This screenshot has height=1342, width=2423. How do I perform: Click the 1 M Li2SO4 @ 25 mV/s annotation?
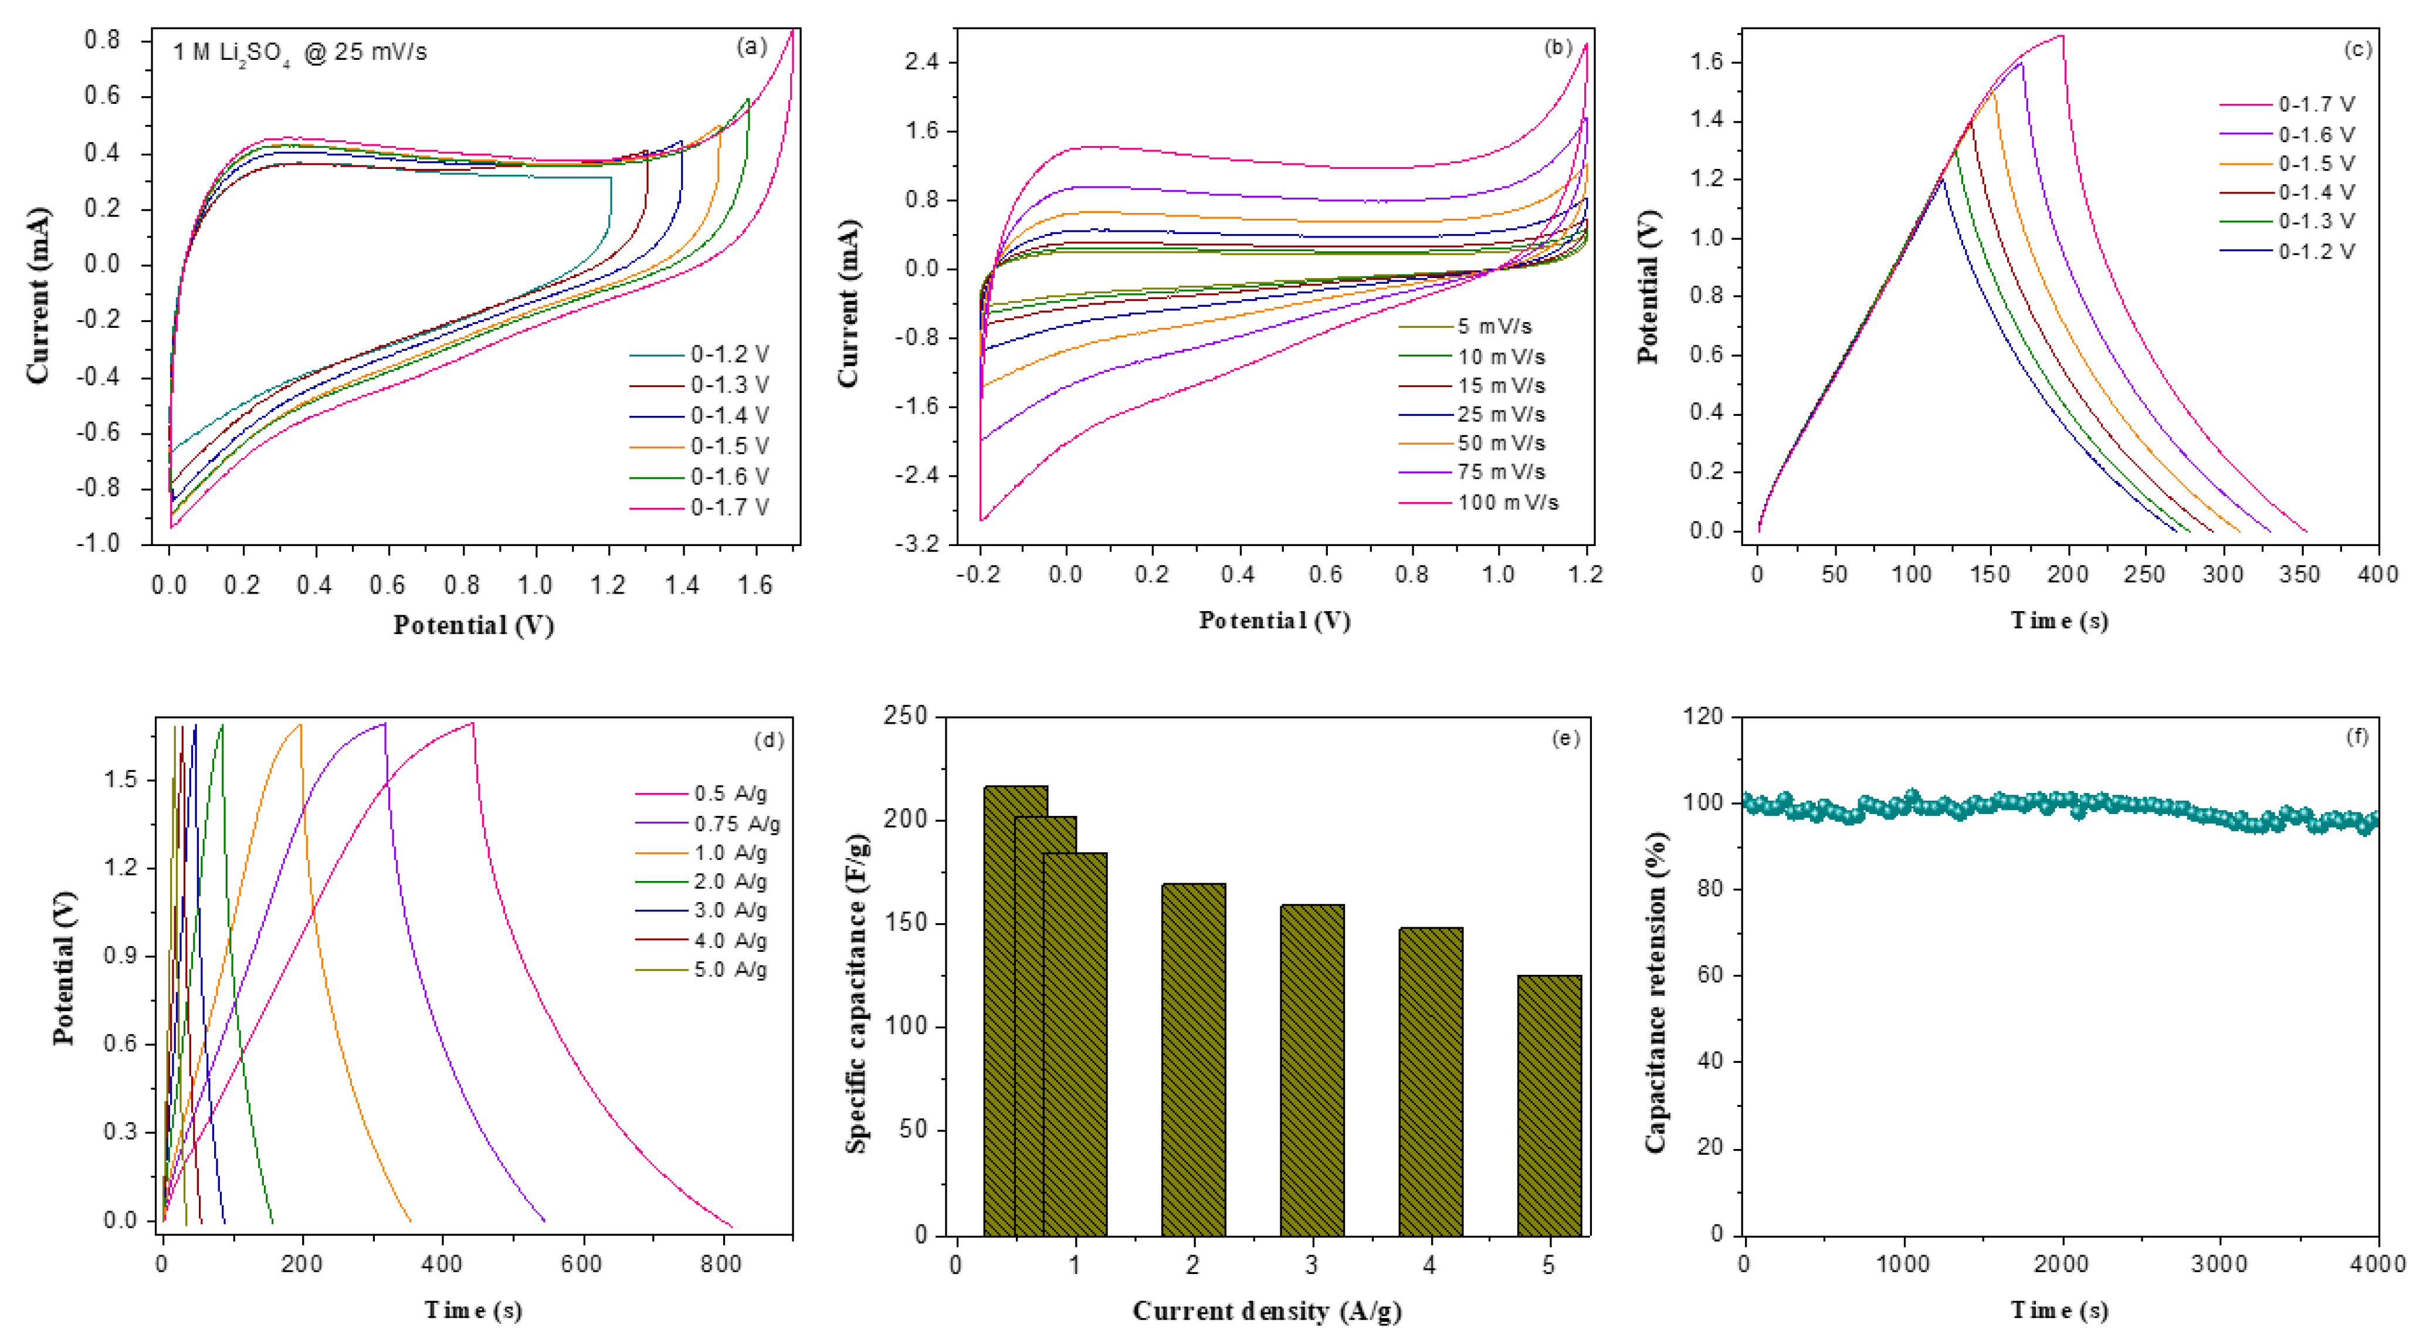299,53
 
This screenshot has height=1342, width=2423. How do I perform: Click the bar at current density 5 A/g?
1549,1105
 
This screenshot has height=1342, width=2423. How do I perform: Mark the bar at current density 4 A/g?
1430,1082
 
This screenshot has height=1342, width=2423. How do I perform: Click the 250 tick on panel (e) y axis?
905,717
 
